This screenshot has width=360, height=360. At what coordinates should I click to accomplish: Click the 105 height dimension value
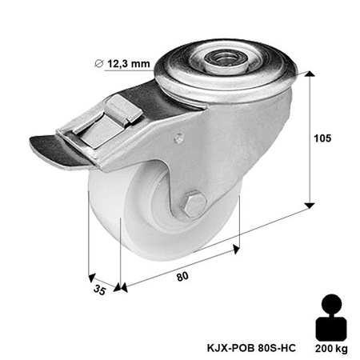pos(323,138)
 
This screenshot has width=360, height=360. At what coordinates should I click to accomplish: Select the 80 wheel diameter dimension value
pos(182,277)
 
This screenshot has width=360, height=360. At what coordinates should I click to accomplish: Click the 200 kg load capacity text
pos(331,346)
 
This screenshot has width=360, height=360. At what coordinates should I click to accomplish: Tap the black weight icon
pos(330,318)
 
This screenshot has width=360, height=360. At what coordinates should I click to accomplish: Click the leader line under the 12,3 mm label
pos(128,71)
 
